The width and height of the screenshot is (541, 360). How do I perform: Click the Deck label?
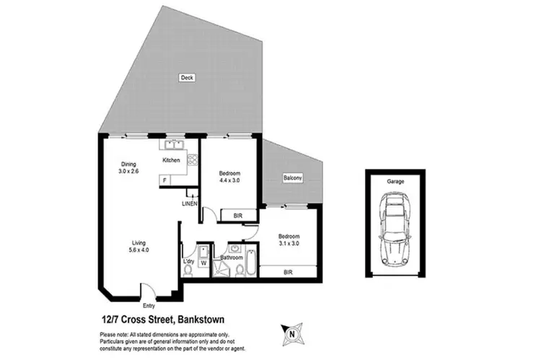click(x=187, y=77)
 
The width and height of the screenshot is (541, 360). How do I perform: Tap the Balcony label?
click(x=291, y=177)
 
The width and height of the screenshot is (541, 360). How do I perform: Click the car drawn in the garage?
click(x=395, y=231)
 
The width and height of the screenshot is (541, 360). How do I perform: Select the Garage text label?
click(x=395, y=182)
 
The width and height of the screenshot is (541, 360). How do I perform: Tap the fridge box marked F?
click(x=165, y=179)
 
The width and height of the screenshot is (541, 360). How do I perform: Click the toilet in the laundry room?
click(x=188, y=270)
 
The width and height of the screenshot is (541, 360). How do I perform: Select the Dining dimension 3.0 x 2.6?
click(x=130, y=172)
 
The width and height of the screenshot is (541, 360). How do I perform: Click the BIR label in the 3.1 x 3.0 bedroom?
click(x=288, y=272)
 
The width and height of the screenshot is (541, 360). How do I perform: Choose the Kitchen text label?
click(x=171, y=159)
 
